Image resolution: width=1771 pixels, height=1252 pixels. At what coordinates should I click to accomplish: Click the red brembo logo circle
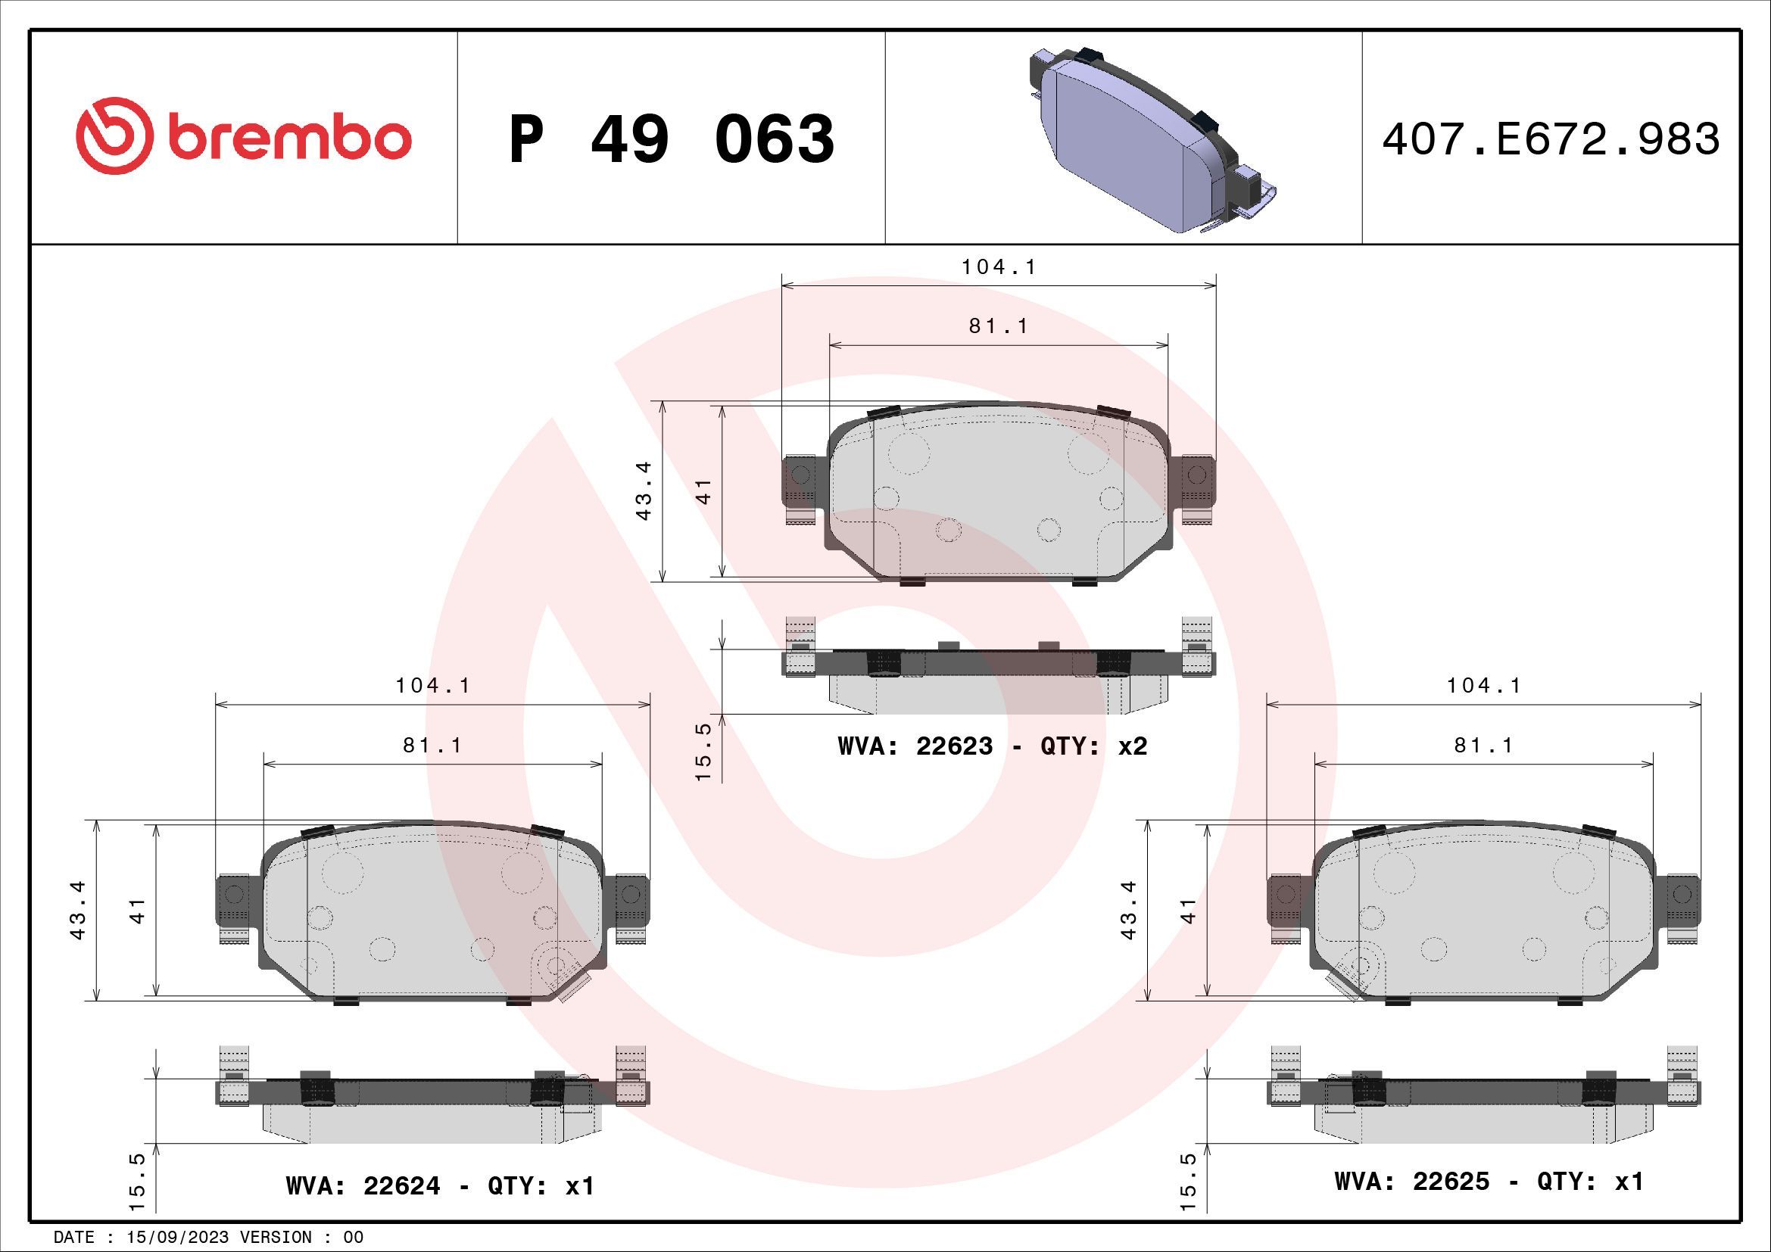(x=111, y=135)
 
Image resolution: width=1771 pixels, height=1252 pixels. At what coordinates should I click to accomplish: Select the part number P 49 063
(x=671, y=139)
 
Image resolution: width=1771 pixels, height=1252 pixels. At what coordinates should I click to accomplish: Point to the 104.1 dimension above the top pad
(x=999, y=267)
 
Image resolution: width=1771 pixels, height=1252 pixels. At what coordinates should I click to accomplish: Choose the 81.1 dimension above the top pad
(x=999, y=327)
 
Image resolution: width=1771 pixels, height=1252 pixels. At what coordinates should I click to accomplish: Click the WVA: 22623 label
(x=915, y=746)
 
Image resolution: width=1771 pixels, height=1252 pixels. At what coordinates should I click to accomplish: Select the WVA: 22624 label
(x=363, y=1185)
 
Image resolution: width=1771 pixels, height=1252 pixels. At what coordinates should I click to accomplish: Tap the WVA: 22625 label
(x=1411, y=1181)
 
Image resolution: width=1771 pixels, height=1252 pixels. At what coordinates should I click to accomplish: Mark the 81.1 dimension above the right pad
(x=1483, y=746)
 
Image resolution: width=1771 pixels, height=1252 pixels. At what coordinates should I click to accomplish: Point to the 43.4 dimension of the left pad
(x=78, y=910)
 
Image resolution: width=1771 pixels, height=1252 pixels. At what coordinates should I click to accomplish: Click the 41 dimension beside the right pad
(x=1189, y=910)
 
